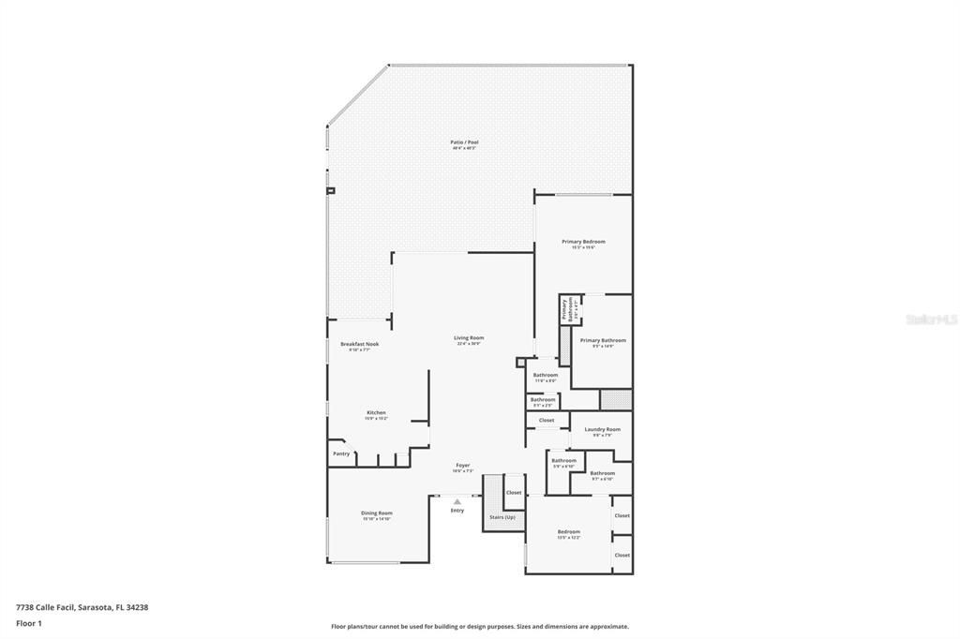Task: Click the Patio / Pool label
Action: pos(465,142)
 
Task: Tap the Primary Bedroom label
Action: pos(583,242)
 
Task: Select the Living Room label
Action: pos(469,337)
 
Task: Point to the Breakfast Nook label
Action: pos(359,344)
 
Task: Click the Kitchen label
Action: pos(376,412)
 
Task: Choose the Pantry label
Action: pos(341,453)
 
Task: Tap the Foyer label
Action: pos(463,465)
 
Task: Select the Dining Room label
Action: pos(377,513)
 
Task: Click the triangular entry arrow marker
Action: pos(457,501)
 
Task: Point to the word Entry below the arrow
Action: pos(457,511)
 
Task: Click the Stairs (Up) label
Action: pos(502,517)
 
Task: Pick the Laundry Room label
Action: pos(602,429)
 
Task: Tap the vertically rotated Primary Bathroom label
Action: pos(565,309)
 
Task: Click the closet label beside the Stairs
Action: pos(514,492)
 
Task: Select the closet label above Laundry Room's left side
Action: pos(547,420)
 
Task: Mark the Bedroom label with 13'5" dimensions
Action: pos(569,531)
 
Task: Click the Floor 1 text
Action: pos(29,622)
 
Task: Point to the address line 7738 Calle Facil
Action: pos(82,607)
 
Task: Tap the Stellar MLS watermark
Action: pos(931,319)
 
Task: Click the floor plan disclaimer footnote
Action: pos(480,627)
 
